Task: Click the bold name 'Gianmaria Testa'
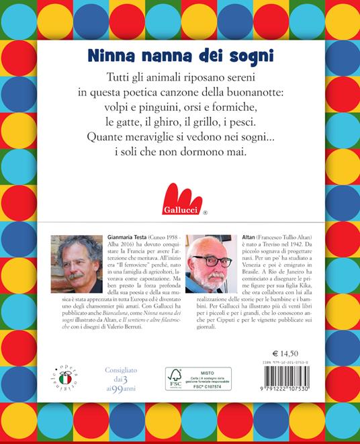click(x=134, y=238)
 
